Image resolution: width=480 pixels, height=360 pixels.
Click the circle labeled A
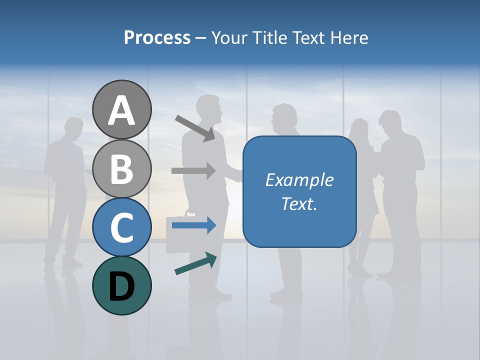click(121, 109)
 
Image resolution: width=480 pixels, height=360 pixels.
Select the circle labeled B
click(121, 168)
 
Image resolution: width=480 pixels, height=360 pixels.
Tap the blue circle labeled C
click(121, 227)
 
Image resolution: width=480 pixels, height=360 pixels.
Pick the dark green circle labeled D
click(121, 285)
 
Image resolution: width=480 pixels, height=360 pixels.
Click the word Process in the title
click(157, 38)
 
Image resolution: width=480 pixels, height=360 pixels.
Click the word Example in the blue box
click(299, 180)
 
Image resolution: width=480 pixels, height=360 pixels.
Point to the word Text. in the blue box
click(299, 203)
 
